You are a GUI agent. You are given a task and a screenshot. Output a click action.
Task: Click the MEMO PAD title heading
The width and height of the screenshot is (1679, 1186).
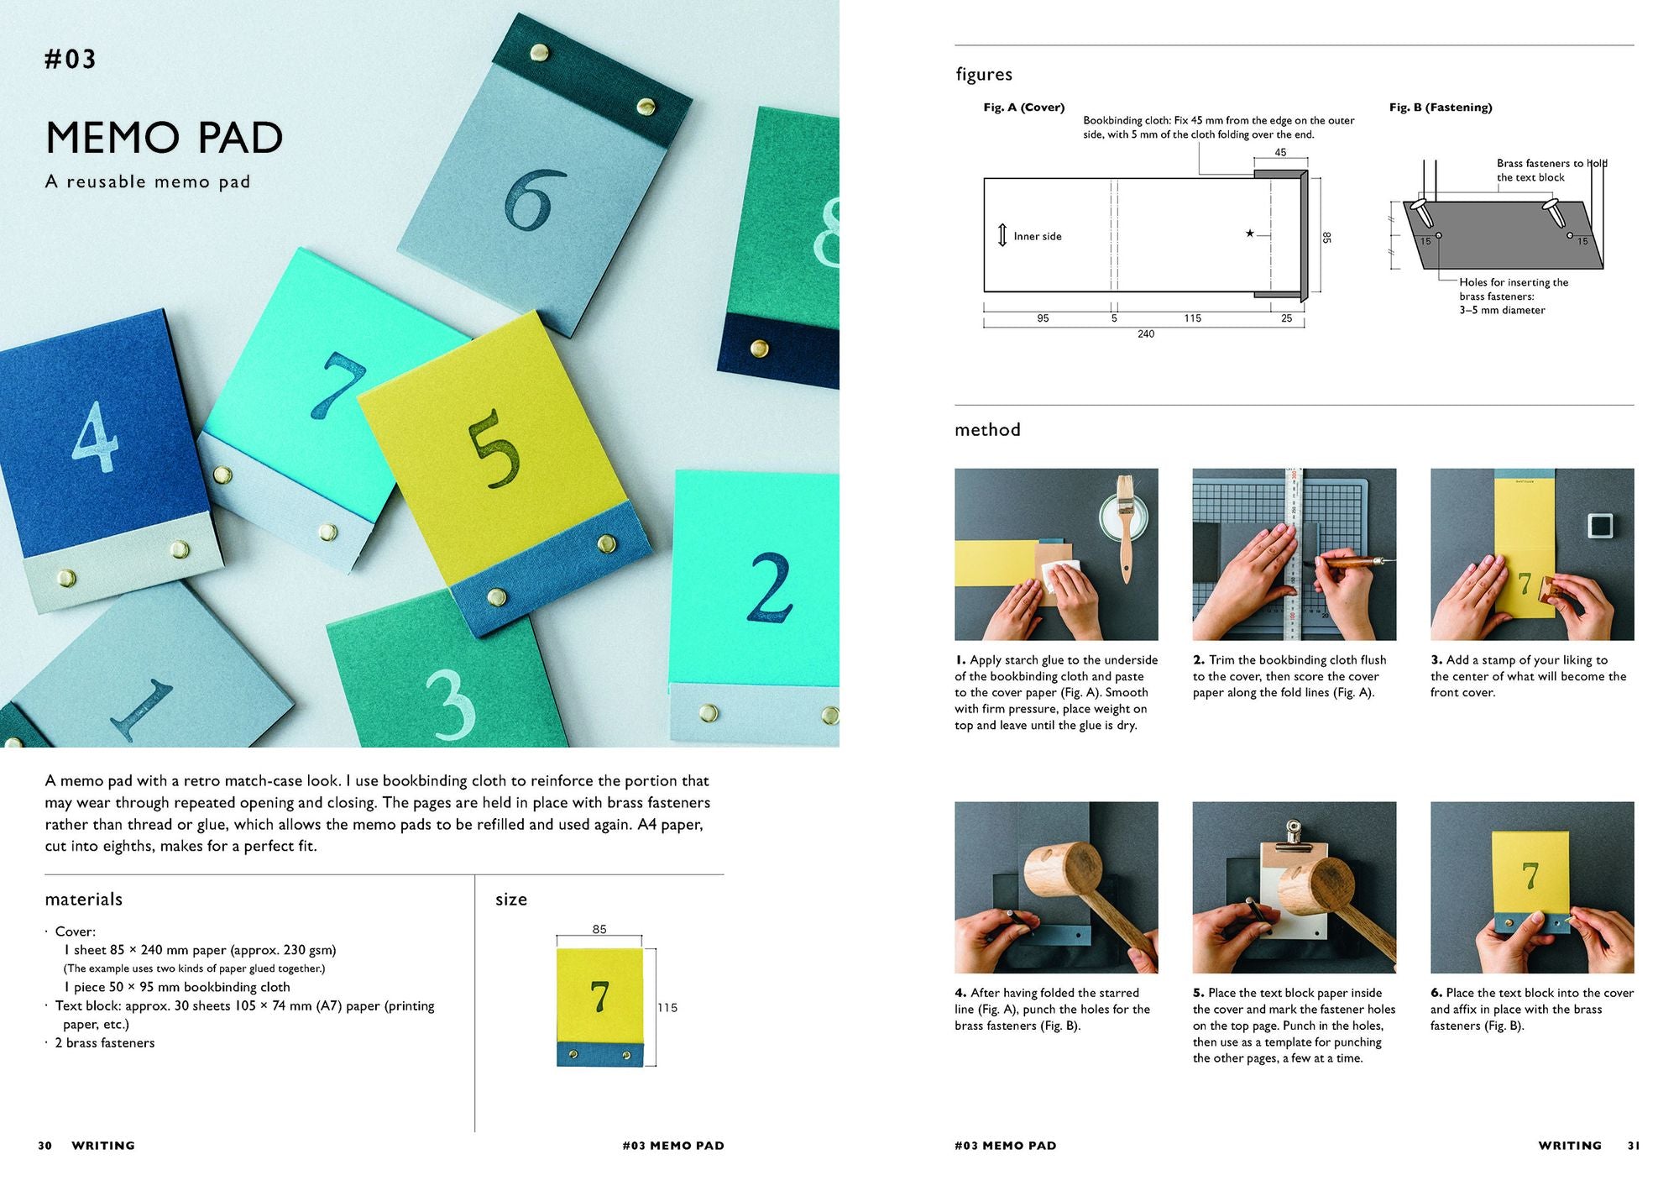164,138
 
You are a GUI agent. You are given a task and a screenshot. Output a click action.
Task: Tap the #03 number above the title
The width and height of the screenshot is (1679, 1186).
71,59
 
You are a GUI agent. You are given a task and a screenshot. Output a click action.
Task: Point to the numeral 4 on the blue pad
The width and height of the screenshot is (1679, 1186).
96,436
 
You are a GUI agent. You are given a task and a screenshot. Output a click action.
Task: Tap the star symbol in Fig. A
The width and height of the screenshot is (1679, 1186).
1250,234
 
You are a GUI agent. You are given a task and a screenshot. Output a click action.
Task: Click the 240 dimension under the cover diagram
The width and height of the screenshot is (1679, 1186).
1146,334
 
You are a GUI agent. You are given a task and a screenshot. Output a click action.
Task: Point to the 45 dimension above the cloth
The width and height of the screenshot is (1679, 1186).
1280,153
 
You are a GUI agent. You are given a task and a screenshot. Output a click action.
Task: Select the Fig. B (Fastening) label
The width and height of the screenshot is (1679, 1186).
1441,108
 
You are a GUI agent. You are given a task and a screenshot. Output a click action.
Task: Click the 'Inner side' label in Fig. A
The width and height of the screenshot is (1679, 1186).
1038,237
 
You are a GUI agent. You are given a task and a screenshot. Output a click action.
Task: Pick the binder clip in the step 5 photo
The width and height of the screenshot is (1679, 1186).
1294,835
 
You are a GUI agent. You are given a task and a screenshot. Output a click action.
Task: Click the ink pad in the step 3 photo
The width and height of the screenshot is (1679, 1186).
1601,526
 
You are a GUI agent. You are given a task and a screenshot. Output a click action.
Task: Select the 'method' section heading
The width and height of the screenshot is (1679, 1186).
987,430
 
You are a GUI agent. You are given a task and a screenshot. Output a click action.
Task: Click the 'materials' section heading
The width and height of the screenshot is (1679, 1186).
84,900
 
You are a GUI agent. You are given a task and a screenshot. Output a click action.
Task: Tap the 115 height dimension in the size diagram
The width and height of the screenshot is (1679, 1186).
667,1008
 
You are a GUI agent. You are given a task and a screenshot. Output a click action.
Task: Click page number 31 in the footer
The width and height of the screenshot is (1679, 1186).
1633,1146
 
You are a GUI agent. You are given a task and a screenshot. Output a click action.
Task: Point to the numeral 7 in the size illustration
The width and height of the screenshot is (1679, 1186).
599,997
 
